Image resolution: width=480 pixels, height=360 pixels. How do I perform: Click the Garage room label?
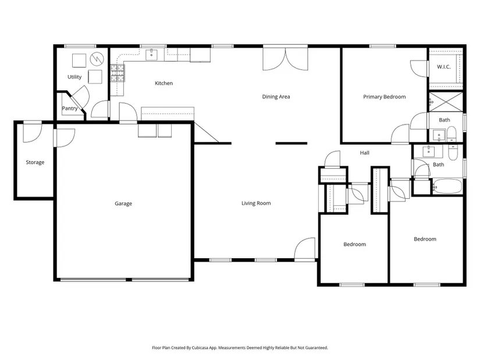pyautogui.click(x=123, y=204)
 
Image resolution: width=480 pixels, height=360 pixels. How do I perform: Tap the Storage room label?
pyautogui.click(x=35, y=162)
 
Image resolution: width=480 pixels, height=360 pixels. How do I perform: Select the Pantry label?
pyautogui.click(x=70, y=108)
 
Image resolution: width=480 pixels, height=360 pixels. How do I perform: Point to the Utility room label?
pyautogui.click(x=74, y=77)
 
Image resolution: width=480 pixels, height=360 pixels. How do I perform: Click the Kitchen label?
pyautogui.click(x=163, y=83)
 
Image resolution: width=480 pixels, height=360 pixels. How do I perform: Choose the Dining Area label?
pyautogui.click(x=276, y=97)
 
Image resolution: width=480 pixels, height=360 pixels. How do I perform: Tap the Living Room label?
pyautogui.click(x=256, y=203)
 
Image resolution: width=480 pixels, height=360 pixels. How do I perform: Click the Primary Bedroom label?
pyautogui.click(x=385, y=97)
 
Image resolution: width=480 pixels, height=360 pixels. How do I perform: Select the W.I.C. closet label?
pyautogui.click(x=444, y=67)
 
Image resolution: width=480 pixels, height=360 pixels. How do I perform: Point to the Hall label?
pyautogui.click(x=365, y=153)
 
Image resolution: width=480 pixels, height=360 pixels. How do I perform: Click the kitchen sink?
pyautogui.click(x=151, y=55)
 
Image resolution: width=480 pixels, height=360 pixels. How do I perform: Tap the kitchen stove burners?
pyautogui.click(x=118, y=73)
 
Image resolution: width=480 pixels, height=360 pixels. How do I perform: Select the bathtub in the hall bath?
pyautogui.click(x=447, y=186)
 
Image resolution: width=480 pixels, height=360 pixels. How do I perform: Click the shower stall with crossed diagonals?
pyautogui.click(x=446, y=102)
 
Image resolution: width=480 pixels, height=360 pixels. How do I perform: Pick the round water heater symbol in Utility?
pyautogui.click(x=97, y=59)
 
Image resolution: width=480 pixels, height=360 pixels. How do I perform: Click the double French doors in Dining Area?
pyautogui.click(x=285, y=59)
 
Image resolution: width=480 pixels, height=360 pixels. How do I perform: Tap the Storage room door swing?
pyautogui.click(x=33, y=132)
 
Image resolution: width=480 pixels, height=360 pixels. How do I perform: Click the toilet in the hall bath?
pyautogui.click(x=453, y=153)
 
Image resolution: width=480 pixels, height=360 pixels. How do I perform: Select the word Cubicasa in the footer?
pyautogui.click(x=200, y=348)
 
